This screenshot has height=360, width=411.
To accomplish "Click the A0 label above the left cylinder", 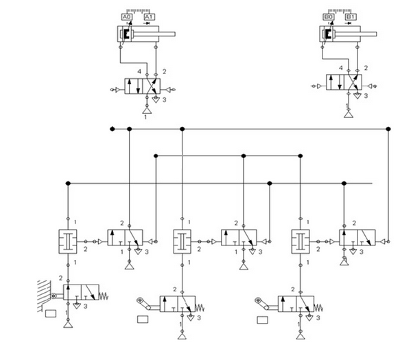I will click(x=126, y=16).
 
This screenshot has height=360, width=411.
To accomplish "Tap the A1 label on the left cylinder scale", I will click(x=150, y=16).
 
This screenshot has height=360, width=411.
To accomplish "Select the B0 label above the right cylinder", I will click(x=329, y=16).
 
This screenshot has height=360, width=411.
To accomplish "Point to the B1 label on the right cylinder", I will click(x=352, y=16).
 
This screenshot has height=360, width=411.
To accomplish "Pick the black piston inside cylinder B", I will click(x=329, y=34).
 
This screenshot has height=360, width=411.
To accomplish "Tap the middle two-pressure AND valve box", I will click(x=182, y=241).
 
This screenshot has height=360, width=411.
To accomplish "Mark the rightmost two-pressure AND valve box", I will click(x=299, y=241).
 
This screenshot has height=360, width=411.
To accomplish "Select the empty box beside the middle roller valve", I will click(x=143, y=319).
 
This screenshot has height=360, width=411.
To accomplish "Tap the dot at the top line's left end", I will click(x=112, y=128).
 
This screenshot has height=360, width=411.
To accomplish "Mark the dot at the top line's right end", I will click(x=388, y=128).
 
